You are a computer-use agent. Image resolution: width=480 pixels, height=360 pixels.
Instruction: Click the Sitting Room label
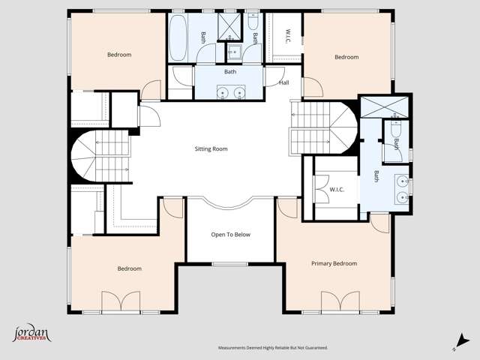click(211, 149)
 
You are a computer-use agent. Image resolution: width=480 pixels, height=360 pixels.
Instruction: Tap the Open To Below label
click(230, 235)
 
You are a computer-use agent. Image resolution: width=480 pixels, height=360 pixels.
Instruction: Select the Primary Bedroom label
click(334, 263)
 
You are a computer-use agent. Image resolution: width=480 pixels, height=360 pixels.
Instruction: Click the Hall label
click(283, 82)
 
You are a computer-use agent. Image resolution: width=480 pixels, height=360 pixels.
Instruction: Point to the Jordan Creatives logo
click(31, 334)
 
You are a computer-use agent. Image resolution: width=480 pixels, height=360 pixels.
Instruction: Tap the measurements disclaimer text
click(273, 348)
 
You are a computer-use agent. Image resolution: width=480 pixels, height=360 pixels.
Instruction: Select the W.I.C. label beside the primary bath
click(336, 190)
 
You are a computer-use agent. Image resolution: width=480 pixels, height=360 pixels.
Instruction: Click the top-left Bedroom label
click(118, 55)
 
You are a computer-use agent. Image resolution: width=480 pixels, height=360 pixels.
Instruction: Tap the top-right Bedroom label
click(346, 57)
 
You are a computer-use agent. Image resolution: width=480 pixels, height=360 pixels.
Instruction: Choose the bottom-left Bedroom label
click(129, 268)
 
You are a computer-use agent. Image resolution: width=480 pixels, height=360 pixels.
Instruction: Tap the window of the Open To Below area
click(230, 264)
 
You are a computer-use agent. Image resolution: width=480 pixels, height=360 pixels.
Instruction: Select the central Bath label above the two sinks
click(230, 72)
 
